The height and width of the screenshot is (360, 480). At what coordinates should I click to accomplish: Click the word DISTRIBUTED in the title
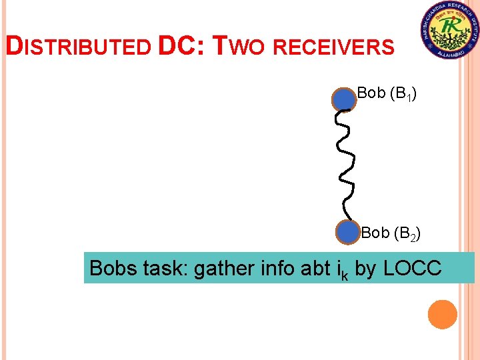(79, 47)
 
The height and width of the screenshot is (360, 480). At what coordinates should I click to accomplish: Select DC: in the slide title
(182, 46)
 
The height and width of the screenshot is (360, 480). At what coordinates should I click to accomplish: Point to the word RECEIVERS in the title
(334, 47)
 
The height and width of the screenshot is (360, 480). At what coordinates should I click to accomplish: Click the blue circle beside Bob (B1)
(344, 99)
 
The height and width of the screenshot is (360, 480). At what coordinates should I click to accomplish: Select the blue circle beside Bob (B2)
(347, 233)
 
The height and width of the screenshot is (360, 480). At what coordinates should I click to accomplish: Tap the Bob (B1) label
(387, 94)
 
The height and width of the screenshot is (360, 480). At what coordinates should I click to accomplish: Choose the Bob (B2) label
(390, 233)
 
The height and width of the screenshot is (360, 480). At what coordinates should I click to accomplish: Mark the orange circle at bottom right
(442, 314)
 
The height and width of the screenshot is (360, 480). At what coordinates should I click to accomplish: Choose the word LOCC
(412, 268)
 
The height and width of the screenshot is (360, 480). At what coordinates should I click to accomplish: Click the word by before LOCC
(365, 269)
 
